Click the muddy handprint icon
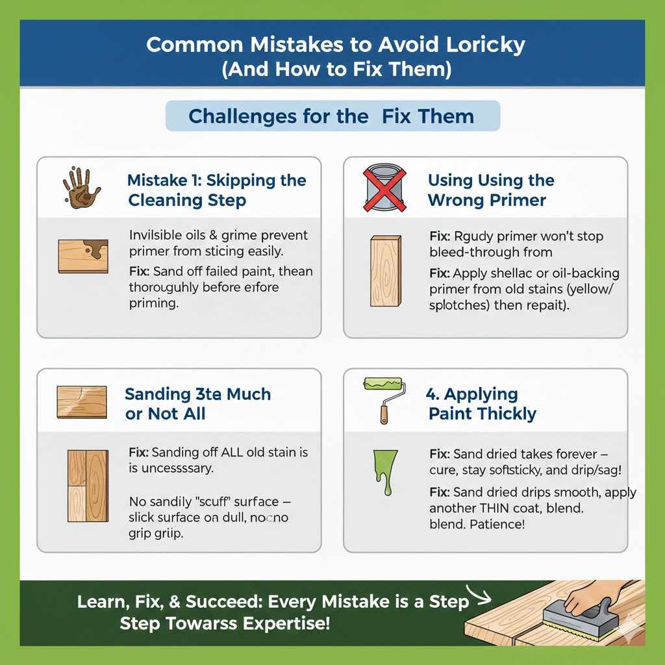(x=81, y=186)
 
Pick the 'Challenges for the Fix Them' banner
(x=332, y=116)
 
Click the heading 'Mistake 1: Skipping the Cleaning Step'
(x=216, y=190)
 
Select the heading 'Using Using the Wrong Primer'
(x=490, y=190)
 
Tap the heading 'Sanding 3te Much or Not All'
(x=197, y=403)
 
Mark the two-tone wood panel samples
(x=88, y=485)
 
